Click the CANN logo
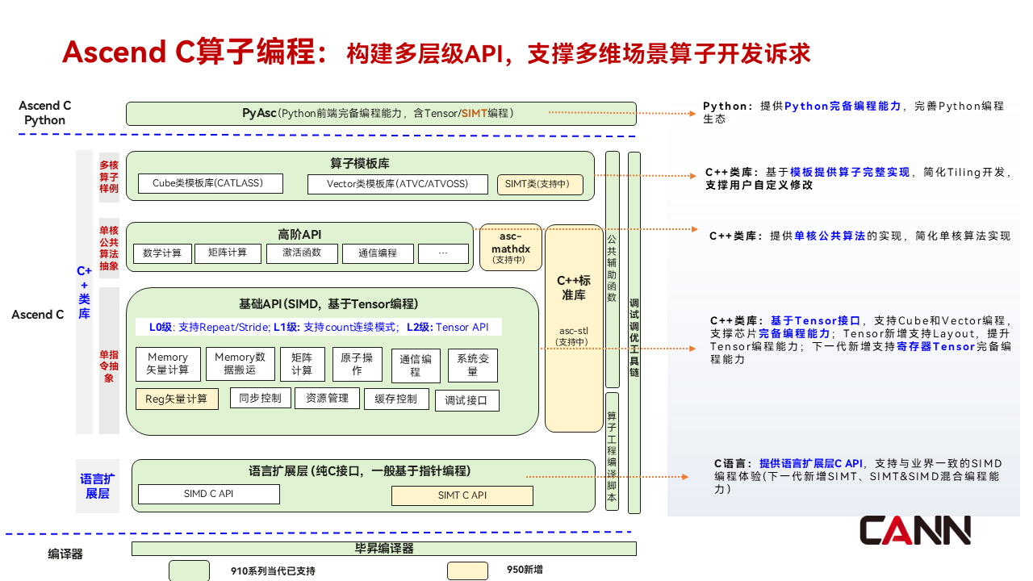coord(914,530)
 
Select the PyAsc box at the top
coord(381,114)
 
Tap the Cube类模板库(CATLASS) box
coord(211,184)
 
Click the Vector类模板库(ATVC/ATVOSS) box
coord(398,184)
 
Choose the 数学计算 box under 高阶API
coord(162,253)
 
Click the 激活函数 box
coord(302,253)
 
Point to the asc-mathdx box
coord(510,247)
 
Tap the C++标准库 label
coord(574,288)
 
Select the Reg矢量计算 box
coord(177,399)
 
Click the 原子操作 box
coord(357,364)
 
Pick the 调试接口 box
coord(466,400)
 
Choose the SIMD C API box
coord(209,494)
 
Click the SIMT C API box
coord(462,495)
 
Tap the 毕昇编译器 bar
coord(383,549)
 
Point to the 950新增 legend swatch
coord(467,571)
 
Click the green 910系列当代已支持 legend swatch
coord(189,571)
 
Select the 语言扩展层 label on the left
coord(98,487)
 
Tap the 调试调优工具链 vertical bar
coord(634,332)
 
